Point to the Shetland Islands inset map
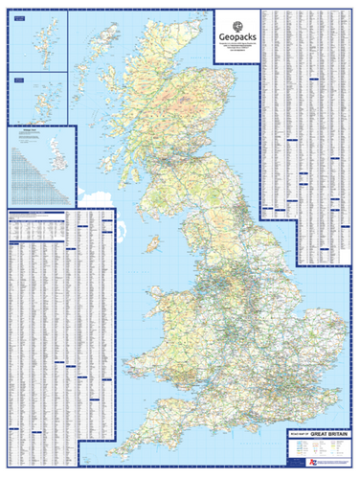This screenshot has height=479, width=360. click(37, 38)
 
